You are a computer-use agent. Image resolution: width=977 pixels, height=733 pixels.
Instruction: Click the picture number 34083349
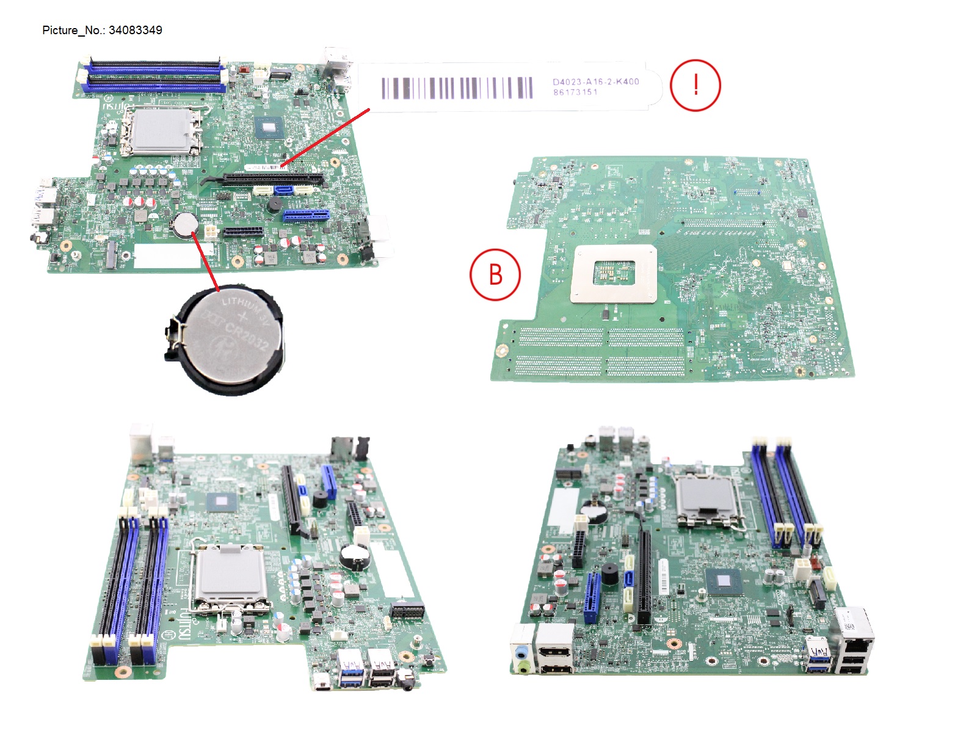[x=135, y=31]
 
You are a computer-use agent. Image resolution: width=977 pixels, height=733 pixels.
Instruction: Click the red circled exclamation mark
[x=696, y=85]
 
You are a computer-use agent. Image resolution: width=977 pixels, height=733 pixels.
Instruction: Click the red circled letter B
[x=495, y=275]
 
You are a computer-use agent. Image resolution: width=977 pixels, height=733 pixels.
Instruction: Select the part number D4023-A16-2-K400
[x=595, y=81]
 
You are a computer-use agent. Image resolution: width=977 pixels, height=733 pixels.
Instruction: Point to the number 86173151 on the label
[x=575, y=92]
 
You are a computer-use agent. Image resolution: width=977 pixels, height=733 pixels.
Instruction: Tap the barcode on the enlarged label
[x=457, y=89]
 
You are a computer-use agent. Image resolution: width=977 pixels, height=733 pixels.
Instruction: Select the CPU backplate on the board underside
[x=614, y=273]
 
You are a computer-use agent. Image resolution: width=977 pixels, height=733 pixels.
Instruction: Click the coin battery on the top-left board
[x=184, y=225]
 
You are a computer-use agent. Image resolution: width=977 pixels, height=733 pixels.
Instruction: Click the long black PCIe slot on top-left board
[x=273, y=179]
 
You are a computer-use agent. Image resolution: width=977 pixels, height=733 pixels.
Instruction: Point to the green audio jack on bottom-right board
[x=521, y=667]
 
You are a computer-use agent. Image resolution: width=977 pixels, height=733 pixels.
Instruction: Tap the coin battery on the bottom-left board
[x=352, y=555]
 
